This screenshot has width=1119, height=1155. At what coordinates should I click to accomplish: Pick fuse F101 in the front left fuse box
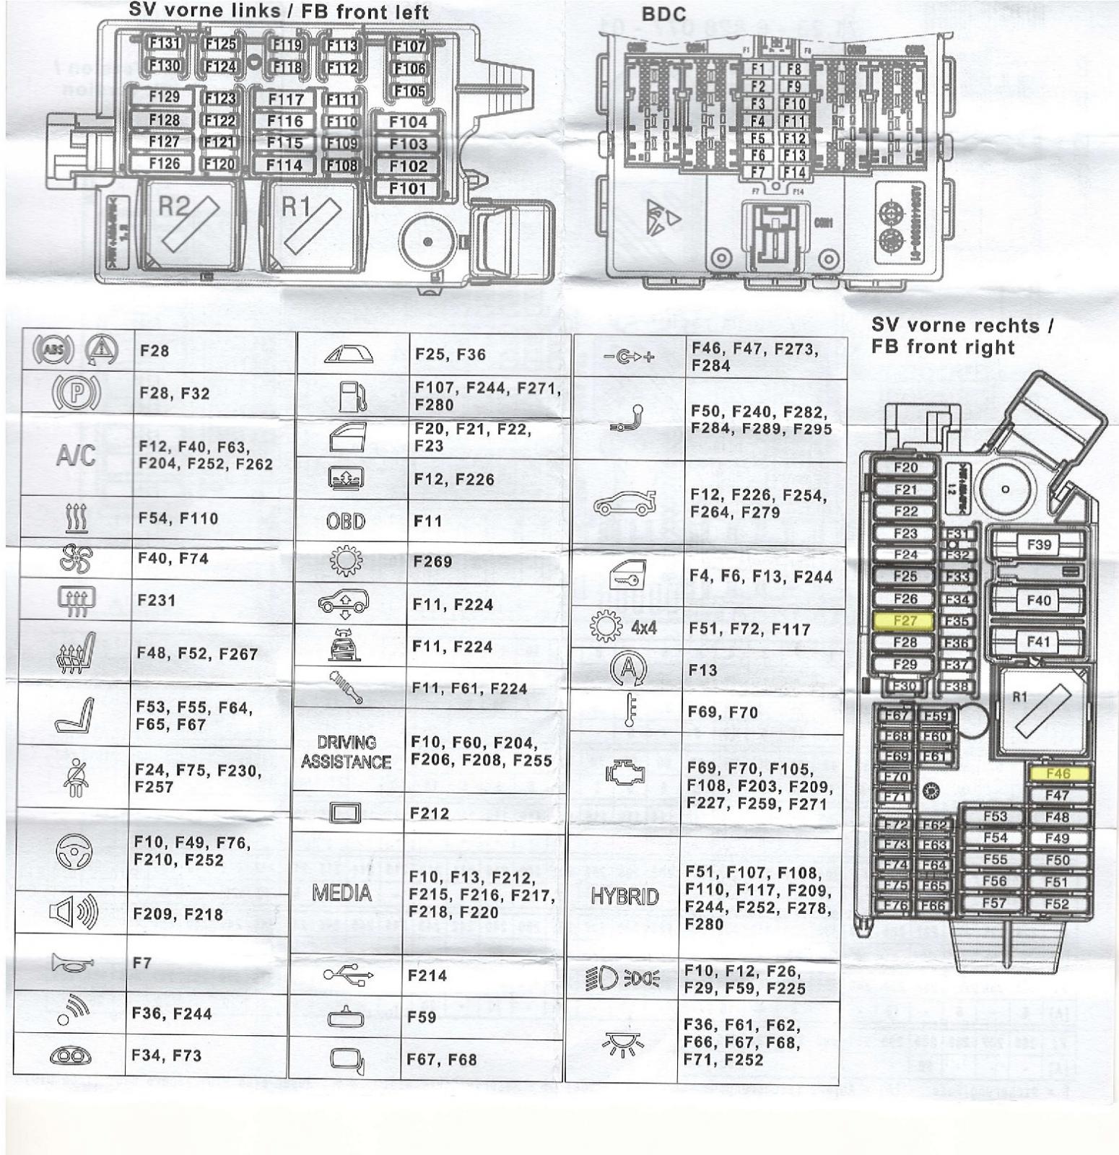(408, 189)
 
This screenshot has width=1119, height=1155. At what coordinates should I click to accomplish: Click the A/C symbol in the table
(76, 456)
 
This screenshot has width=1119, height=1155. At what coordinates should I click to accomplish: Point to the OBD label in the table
(346, 521)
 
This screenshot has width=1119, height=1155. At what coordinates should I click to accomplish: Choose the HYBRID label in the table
(624, 897)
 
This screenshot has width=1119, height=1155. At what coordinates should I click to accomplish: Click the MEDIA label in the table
(341, 893)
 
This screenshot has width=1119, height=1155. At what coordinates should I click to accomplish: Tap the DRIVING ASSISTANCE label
(346, 752)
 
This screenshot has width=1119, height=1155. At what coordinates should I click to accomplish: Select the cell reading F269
(432, 562)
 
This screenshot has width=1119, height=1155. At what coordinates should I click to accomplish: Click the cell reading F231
(157, 600)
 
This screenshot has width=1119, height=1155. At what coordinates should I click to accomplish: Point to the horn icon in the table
(72, 962)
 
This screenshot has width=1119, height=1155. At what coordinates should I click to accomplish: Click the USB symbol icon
(348, 975)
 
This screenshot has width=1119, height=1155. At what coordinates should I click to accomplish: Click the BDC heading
(663, 14)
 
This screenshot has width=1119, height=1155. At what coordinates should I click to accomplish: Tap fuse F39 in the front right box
(1038, 544)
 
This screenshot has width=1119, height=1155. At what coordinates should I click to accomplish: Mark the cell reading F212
(430, 814)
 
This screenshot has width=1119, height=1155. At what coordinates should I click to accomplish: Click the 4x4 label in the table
(643, 627)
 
